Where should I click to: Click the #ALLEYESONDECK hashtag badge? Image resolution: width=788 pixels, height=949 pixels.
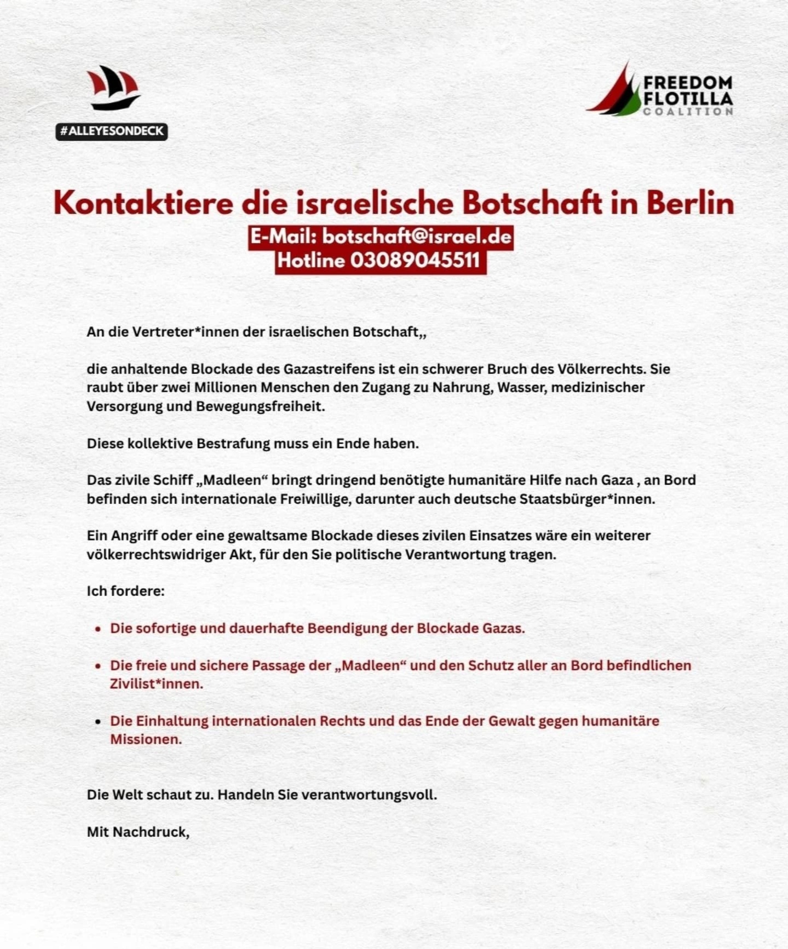point(111,131)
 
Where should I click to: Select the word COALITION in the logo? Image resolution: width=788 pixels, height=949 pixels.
point(688,112)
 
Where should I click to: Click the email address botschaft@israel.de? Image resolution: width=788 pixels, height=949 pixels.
point(417,237)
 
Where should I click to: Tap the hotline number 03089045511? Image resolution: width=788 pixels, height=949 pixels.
point(415,261)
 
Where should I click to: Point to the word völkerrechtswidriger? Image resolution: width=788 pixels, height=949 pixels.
point(154,555)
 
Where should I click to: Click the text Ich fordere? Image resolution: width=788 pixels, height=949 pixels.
point(125,591)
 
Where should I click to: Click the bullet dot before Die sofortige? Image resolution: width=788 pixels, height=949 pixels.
point(98,629)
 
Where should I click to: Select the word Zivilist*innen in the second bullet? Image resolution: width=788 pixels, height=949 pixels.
point(157,684)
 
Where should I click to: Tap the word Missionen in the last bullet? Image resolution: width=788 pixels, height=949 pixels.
point(146,739)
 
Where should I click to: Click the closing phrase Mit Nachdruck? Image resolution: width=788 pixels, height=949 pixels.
point(137,832)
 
